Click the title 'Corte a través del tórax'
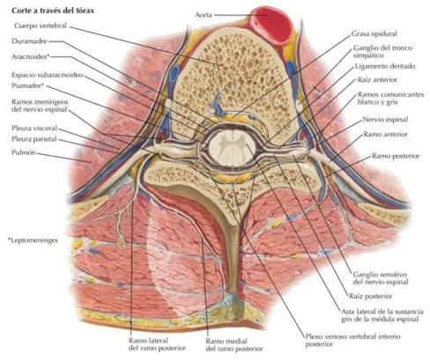click(x=53, y=11)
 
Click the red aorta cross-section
click(x=272, y=25)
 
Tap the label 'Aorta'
click(x=204, y=14)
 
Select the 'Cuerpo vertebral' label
click(x=41, y=26)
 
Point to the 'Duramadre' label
click(x=29, y=41)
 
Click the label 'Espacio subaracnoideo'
click(x=48, y=75)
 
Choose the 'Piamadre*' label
click(x=28, y=85)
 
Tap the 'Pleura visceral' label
click(x=34, y=129)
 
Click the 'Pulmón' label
click(x=24, y=152)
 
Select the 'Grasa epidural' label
click(x=374, y=33)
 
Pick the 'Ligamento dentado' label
click(x=385, y=66)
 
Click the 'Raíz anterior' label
click(x=377, y=79)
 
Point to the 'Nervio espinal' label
click(x=385, y=120)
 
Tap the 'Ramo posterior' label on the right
click(x=396, y=156)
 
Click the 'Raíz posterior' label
click(x=370, y=296)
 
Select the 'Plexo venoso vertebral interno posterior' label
click(x=352, y=340)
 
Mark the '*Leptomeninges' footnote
click(x=33, y=240)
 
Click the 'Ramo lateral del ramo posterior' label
click(x=157, y=344)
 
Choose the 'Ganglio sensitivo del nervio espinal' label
click(x=381, y=278)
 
